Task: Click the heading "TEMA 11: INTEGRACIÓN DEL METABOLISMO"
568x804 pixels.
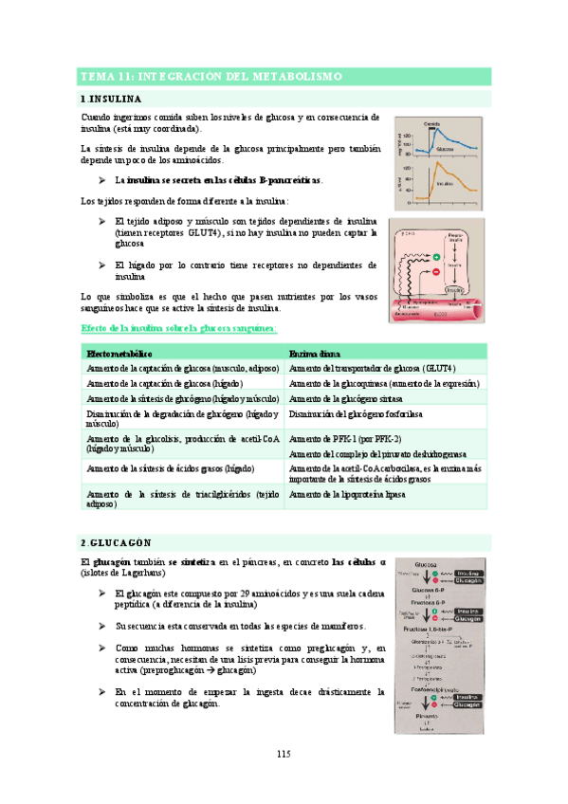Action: coord(211,76)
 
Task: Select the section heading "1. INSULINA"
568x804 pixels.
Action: coord(112,99)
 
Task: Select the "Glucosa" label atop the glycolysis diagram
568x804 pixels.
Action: coord(437,562)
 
